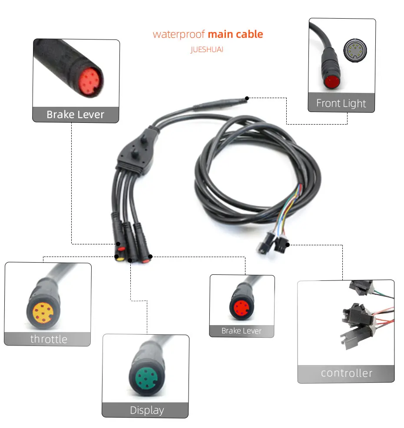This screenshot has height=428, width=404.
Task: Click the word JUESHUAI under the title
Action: click(207, 49)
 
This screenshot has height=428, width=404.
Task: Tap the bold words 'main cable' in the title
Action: click(235, 34)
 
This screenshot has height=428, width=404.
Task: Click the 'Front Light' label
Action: click(341, 103)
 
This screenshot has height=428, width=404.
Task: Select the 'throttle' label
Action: click(49, 339)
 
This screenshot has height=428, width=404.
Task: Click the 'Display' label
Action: click(147, 410)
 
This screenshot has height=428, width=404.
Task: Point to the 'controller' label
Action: click(346, 373)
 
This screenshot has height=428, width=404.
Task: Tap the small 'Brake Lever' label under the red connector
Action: click(242, 331)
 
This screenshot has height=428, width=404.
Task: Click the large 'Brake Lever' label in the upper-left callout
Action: click(76, 115)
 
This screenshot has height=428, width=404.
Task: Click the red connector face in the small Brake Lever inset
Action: click(241, 308)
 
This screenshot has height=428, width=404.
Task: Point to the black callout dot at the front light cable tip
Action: click(247, 98)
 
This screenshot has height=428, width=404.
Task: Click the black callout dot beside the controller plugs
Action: click(287, 245)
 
